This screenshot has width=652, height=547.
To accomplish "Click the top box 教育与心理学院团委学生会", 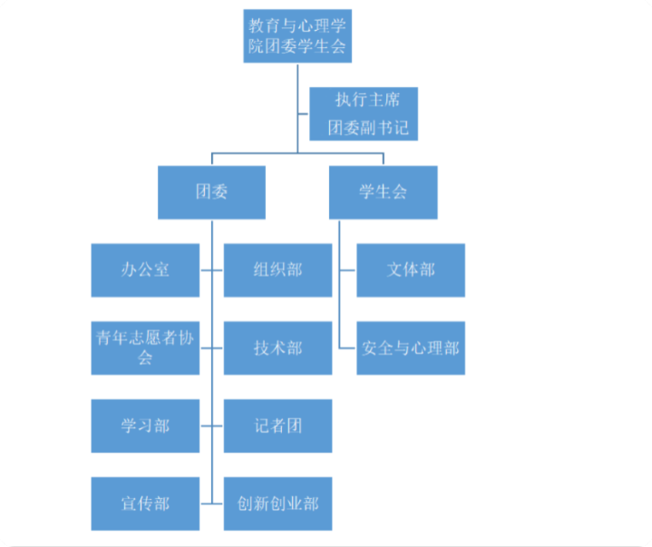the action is click(x=297, y=36).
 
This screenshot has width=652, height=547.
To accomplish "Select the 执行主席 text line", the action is click(x=367, y=100).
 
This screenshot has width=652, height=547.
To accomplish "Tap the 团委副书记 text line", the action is click(x=368, y=127).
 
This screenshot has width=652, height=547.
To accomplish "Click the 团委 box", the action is click(x=211, y=192).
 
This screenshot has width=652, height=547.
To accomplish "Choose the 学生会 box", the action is click(x=383, y=192).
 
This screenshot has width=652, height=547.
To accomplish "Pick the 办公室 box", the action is click(x=145, y=270).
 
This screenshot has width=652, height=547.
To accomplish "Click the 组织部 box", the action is click(x=277, y=270).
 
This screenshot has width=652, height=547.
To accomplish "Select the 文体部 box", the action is click(x=411, y=270).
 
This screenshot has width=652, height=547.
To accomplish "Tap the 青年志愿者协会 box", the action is click(x=145, y=348).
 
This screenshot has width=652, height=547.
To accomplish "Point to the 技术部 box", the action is click(x=277, y=348).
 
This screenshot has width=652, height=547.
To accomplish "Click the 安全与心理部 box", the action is click(x=411, y=348).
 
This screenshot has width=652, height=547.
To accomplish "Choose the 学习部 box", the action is click(x=145, y=426).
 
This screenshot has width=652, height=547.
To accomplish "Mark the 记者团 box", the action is click(x=277, y=426).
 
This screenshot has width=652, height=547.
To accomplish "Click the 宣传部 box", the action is click(x=145, y=503).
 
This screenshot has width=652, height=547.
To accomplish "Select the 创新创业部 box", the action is click(x=277, y=503).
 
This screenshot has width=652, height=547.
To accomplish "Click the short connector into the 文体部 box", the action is click(x=347, y=270).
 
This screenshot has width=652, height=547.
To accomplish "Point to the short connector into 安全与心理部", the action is click(x=347, y=348).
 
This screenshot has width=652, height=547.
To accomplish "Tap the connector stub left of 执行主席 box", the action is click(x=303, y=113).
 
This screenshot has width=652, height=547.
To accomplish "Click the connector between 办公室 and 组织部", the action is click(x=211, y=270).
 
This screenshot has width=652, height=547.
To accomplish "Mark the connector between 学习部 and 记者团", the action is click(x=211, y=426).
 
